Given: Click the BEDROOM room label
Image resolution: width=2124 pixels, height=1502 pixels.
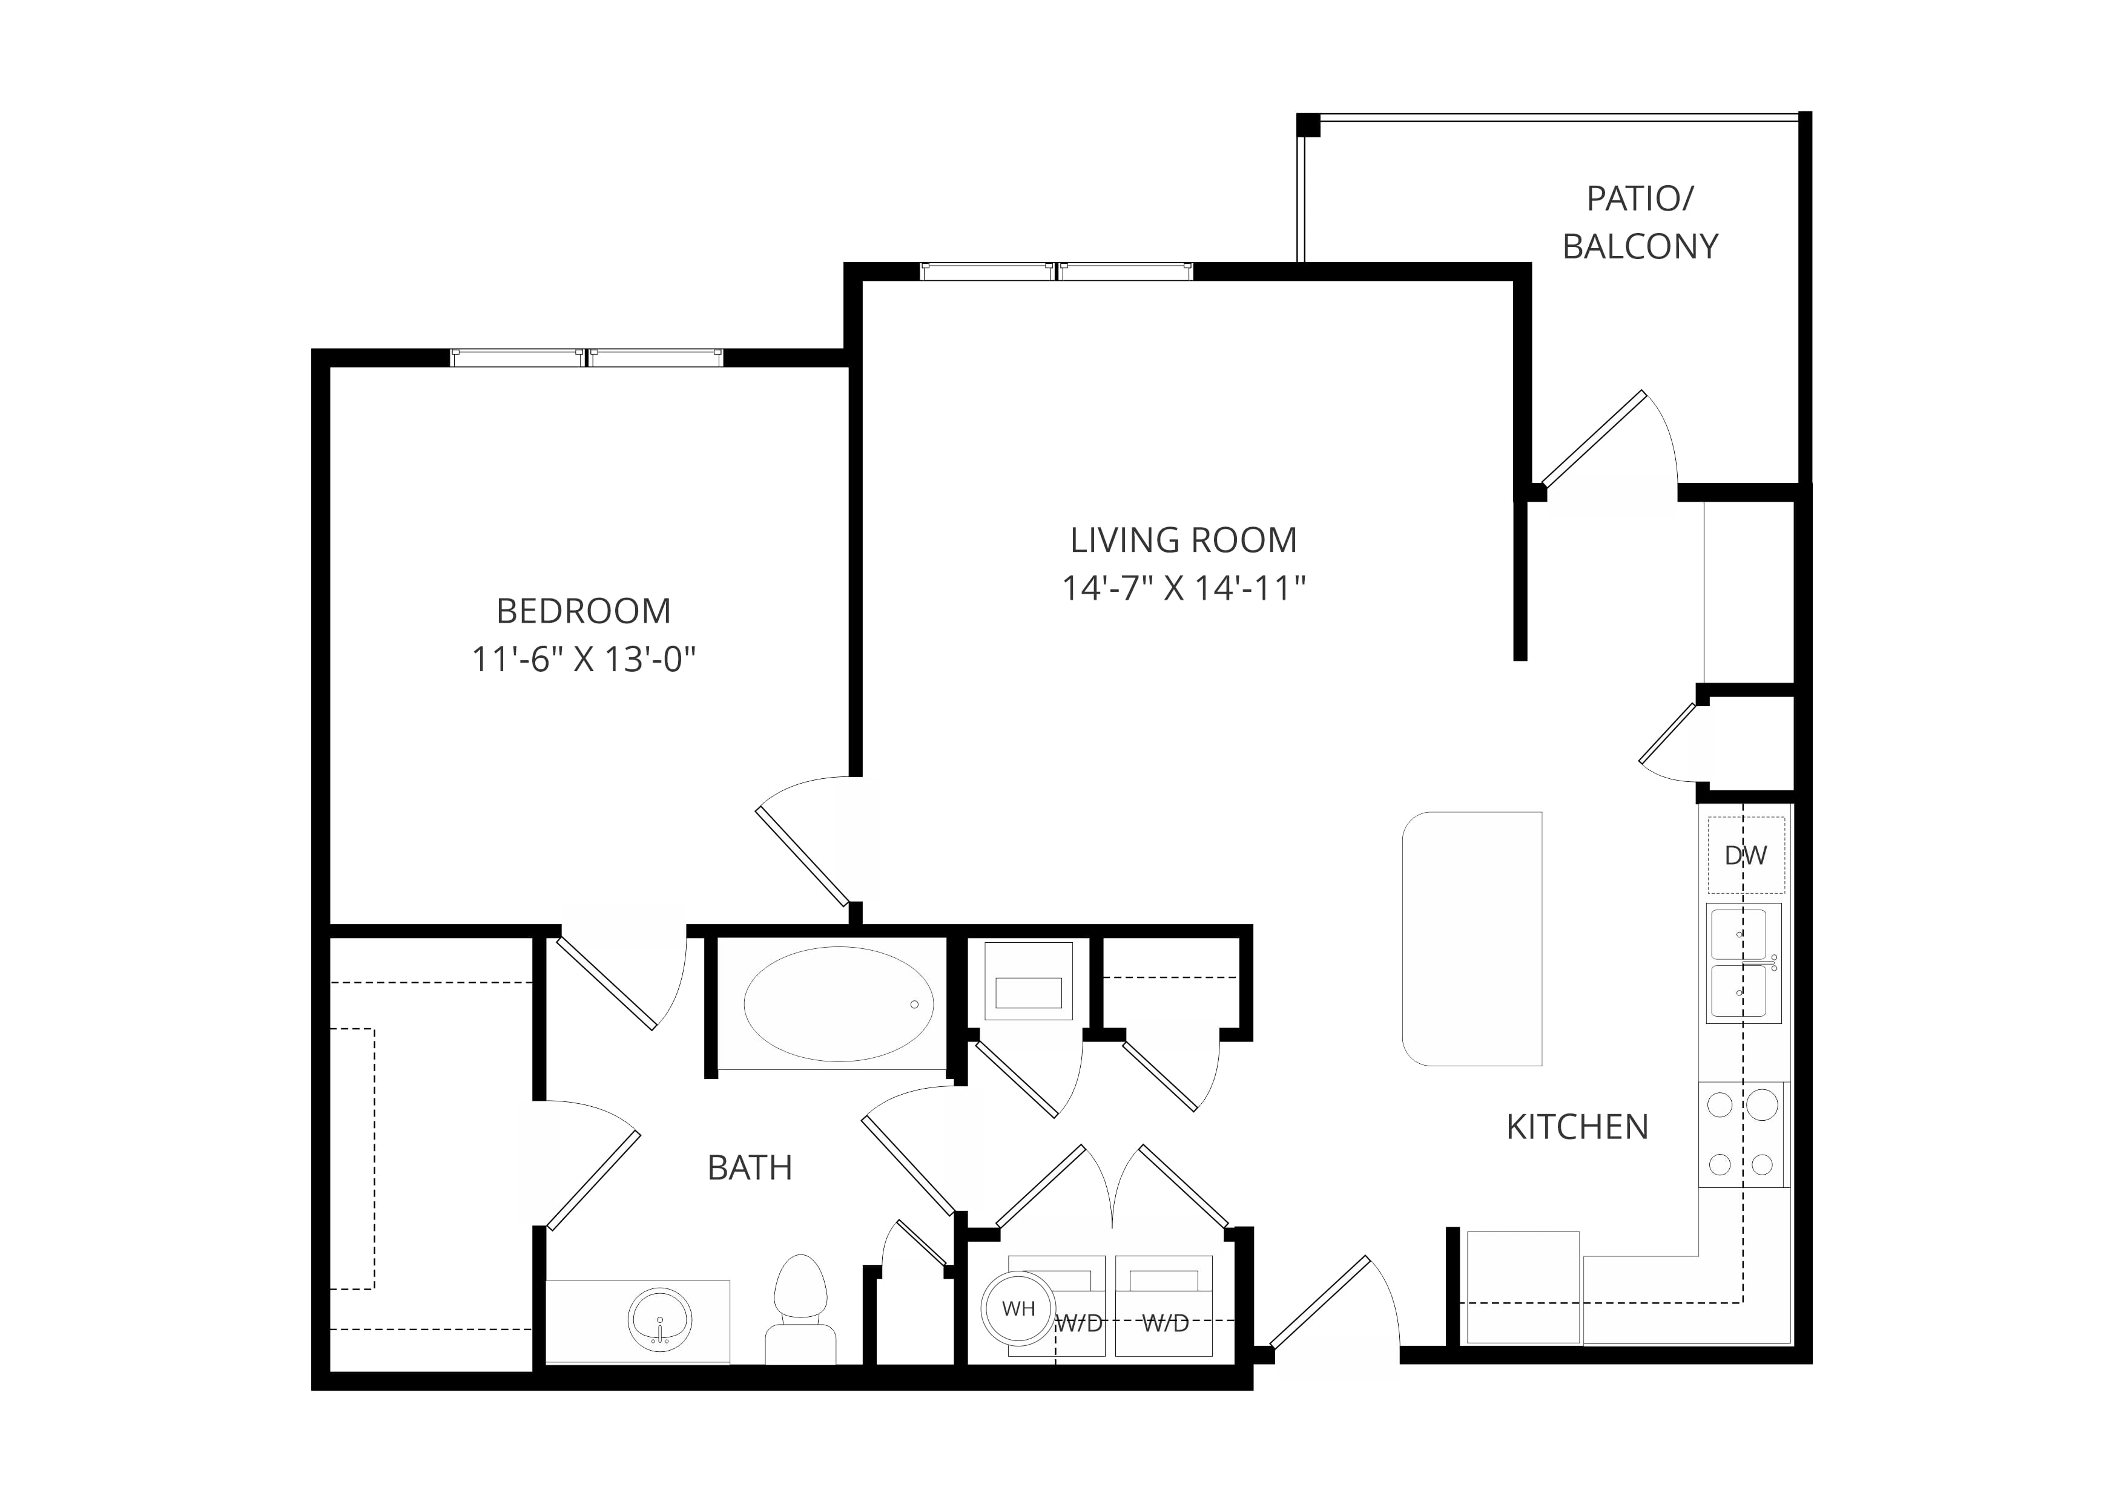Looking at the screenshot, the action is tap(583, 611).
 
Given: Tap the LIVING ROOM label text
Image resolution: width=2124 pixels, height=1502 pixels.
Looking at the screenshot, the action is tap(1183, 540).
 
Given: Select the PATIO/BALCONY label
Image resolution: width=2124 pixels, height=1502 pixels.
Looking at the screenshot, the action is tap(1640, 222).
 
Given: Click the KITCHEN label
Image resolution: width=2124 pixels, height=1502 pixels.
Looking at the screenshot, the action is tap(1577, 1127).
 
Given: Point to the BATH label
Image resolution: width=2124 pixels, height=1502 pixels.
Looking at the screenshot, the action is tap(750, 1168).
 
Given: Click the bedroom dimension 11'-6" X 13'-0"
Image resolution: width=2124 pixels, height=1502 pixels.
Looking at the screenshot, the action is tap(584, 660).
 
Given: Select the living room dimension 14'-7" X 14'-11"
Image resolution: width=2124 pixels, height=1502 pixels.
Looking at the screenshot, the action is tap(1183, 588).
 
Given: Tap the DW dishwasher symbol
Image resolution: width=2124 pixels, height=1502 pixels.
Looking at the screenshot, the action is tap(1746, 856).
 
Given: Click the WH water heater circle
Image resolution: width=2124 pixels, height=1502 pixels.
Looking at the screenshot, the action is tap(1018, 1309).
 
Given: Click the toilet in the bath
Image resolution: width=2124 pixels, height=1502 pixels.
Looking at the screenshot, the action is tap(800, 1310).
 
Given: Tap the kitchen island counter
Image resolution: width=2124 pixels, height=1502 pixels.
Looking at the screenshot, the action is tap(1472, 939).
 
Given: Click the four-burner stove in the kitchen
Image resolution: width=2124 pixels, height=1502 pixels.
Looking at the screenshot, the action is tap(1744, 1134).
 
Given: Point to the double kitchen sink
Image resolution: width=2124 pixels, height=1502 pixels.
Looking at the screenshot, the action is tap(1744, 964).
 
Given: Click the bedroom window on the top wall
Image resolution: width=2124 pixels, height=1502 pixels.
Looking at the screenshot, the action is tap(587, 358).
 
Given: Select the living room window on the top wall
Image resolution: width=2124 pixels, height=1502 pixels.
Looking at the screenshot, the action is tap(1057, 271).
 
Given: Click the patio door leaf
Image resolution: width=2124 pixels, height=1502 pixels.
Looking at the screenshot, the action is tap(1592, 438).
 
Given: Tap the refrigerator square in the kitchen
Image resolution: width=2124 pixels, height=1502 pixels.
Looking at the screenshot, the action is tap(1523, 1287).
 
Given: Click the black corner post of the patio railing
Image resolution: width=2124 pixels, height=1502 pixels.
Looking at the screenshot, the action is tap(1308, 125).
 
